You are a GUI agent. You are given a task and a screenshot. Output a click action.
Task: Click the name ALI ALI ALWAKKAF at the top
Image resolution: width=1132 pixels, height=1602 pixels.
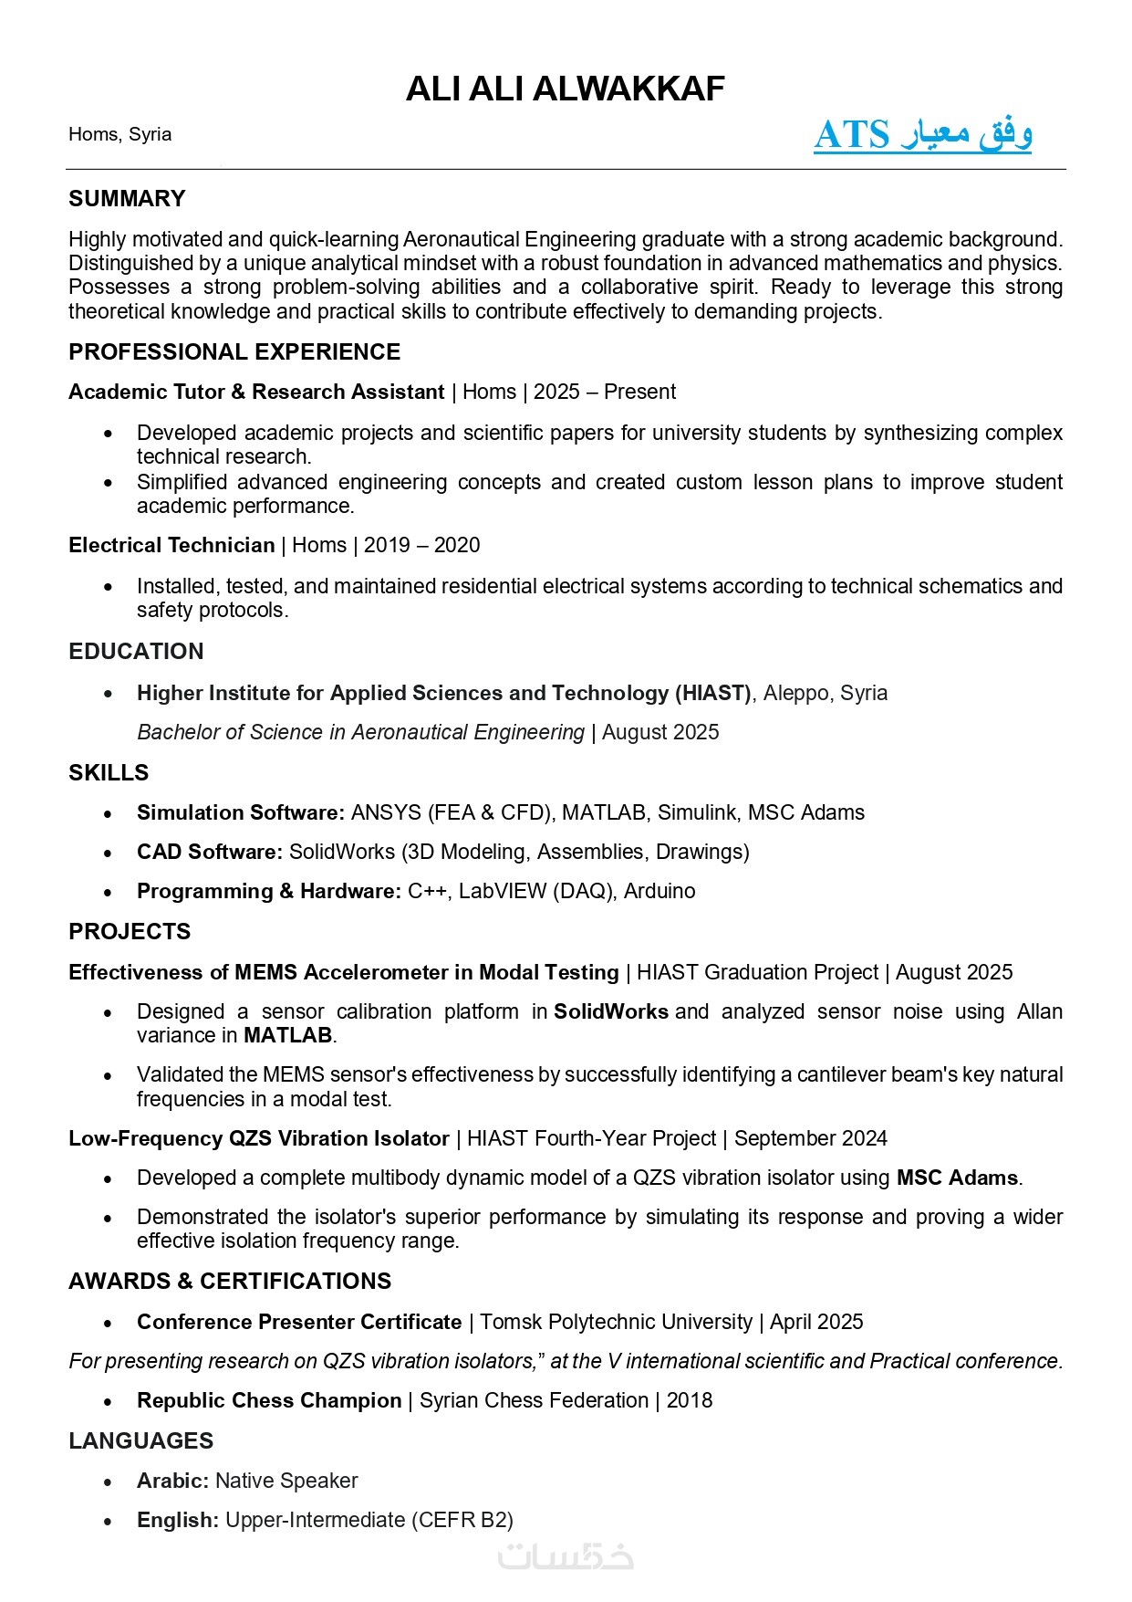[565, 89]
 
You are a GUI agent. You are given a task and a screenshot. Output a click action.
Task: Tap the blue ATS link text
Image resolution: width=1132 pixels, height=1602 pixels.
[922, 135]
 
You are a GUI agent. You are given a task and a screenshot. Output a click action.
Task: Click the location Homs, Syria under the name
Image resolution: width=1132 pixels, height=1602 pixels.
[119, 134]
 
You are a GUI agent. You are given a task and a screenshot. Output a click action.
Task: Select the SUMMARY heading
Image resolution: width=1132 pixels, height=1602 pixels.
[127, 199]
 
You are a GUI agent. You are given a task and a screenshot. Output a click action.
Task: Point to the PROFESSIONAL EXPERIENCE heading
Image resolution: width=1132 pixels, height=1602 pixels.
[234, 352]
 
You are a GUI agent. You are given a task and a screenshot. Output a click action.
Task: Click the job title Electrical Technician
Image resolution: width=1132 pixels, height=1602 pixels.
[171, 546]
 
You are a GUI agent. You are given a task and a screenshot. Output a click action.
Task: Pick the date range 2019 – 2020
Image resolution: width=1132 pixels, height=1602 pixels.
[421, 546]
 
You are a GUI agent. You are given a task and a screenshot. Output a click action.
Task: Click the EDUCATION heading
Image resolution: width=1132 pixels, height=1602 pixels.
[136, 652]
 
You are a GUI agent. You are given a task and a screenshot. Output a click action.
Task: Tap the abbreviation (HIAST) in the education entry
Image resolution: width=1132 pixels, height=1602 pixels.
[713, 693]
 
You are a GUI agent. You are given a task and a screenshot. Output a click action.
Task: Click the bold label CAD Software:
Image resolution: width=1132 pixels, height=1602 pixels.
[210, 852]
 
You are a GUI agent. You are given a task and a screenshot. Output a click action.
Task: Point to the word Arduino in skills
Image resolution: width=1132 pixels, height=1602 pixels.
[659, 891]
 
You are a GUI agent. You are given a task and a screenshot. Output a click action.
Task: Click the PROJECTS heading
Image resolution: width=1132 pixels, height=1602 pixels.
[130, 932]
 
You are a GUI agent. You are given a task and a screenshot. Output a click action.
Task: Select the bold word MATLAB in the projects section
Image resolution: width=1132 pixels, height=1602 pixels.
[287, 1035]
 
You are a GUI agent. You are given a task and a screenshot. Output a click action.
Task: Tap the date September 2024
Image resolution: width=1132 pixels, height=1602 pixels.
[810, 1138]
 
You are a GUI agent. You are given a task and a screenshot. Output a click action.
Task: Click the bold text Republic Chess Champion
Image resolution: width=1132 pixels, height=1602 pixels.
[269, 1400]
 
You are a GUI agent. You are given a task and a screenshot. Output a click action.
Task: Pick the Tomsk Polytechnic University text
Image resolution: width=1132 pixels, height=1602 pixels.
[616, 1322]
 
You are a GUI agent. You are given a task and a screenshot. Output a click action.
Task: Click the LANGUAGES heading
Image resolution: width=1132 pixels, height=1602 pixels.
[140, 1441]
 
